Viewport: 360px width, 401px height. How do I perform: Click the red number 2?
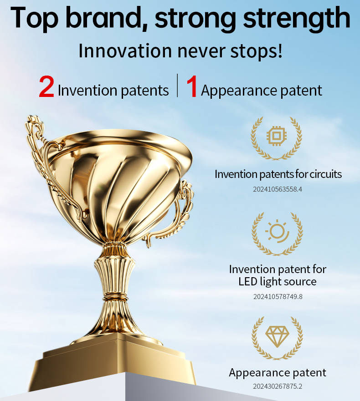click(46, 87)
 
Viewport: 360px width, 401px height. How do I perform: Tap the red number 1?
click(192, 87)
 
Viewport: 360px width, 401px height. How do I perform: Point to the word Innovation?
click(125, 51)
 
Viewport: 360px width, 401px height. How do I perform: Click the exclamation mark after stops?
click(280, 51)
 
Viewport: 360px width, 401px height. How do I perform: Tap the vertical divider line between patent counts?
click(177, 86)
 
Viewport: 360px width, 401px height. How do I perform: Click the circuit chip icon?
click(276, 136)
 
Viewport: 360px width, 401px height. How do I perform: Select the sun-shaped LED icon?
click(278, 231)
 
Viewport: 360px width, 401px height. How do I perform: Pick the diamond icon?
click(277, 336)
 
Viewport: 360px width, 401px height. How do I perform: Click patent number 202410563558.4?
click(278, 189)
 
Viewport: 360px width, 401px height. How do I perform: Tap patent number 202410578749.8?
click(278, 297)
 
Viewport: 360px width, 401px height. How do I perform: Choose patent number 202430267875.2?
click(278, 386)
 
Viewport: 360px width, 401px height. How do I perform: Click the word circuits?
click(326, 174)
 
